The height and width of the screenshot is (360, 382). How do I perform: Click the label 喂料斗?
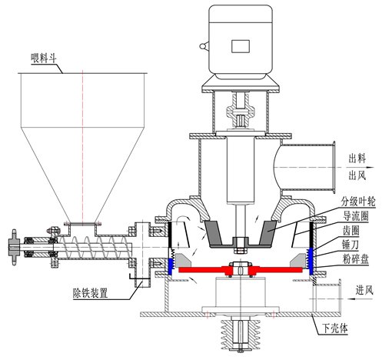(x=43, y=58)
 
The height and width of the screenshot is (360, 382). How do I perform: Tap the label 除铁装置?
(x=90, y=293)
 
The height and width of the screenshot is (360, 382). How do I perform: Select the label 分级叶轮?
(x=357, y=202)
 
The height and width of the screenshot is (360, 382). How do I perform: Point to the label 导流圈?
(x=356, y=217)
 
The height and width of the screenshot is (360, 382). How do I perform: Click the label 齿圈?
(x=350, y=231)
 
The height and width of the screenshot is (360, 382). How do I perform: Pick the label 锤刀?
(x=350, y=245)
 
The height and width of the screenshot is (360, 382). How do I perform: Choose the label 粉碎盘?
(x=356, y=259)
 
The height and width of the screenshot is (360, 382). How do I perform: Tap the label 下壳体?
(x=335, y=328)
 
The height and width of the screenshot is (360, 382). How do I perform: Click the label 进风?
(x=364, y=290)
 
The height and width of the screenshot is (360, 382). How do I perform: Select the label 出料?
(x=357, y=158)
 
